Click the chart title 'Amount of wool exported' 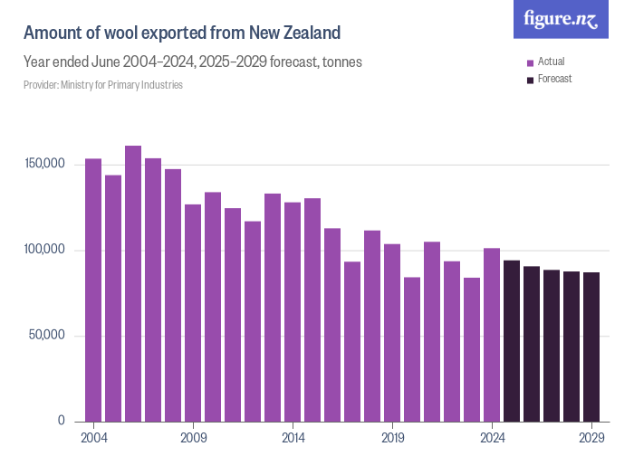pyautogui.click(x=182, y=33)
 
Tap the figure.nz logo pyautogui.click(x=561, y=19)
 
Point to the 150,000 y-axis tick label pyautogui.click(x=44, y=165)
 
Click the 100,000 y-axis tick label pyautogui.click(x=44, y=250)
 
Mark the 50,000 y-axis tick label pyautogui.click(x=47, y=336)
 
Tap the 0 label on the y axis pyautogui.click(x=62, y=421)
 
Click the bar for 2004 pyautogui.click(x=93, y=290)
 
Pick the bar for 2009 pyautogui.click(x=193, y=312)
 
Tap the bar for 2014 pyautogui.click(x=293, y=311)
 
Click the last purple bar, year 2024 pyautogui.click(x=492, y=334)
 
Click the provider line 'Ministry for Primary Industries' pyautogui.click(x=103, y=85)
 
